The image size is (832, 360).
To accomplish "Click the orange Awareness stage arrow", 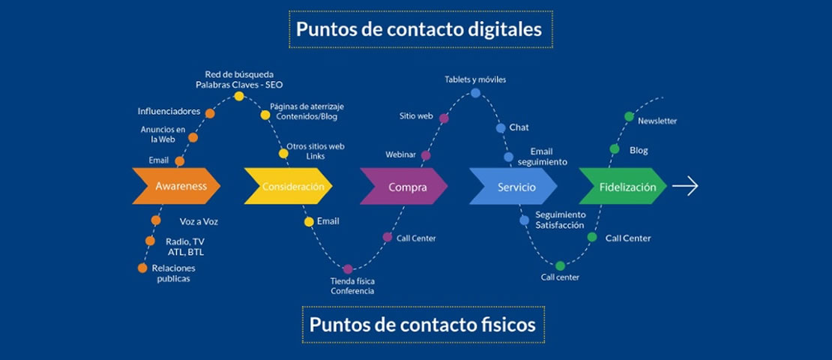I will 177,186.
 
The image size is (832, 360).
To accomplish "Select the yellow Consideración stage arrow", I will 288,186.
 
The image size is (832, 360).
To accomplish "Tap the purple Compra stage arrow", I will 404,187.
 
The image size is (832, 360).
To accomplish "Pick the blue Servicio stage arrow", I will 513,187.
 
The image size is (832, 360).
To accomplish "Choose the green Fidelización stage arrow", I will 624,187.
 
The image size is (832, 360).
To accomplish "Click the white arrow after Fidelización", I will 685,187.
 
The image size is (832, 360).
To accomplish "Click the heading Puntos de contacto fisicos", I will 423,324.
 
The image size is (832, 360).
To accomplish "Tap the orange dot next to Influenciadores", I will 210,114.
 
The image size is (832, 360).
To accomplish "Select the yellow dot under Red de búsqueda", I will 239,96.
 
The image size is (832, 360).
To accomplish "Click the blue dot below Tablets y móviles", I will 476,93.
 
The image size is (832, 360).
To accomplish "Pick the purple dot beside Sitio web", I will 444,118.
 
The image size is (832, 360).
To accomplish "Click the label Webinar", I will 400,154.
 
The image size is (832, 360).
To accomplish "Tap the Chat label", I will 519,127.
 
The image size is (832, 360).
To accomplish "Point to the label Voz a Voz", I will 199,221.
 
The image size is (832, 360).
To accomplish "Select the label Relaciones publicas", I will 173,273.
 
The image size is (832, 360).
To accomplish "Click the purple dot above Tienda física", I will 348,268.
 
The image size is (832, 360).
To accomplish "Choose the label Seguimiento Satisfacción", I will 560,220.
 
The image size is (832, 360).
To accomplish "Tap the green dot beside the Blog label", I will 615,149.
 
